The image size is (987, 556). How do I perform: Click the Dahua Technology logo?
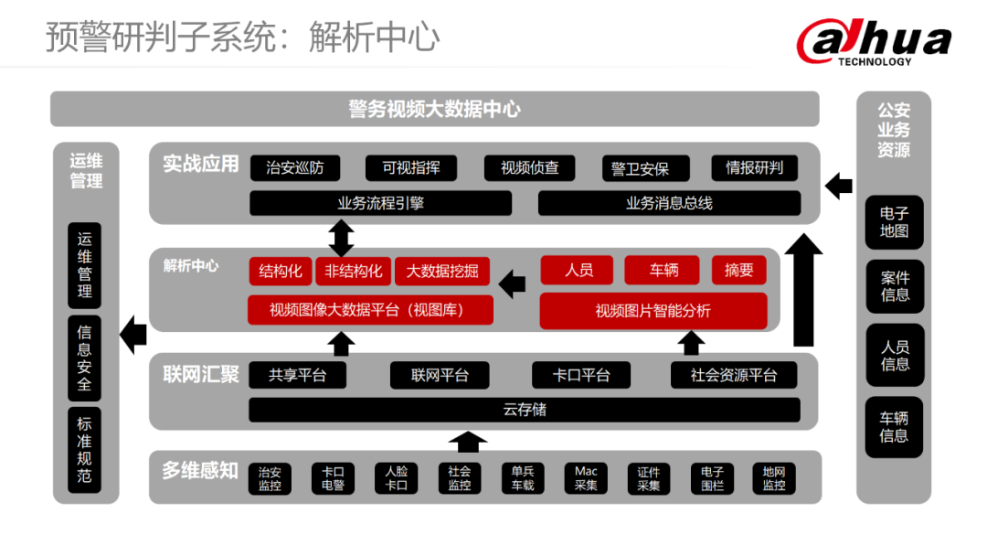(874, 42)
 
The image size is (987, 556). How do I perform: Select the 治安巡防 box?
(294, 168)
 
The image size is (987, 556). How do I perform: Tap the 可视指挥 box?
(411, 168)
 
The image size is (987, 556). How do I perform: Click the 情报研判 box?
(754, 168)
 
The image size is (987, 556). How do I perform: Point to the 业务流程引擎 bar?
(380, 203)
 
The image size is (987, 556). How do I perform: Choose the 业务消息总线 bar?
(669, 203)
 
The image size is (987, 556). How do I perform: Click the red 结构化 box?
(281, 271)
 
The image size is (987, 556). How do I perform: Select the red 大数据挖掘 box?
(442, 271)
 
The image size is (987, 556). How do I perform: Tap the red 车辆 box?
(664, 270)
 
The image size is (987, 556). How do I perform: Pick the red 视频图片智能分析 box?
(653, 311)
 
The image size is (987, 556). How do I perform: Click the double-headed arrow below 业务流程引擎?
(341, 238)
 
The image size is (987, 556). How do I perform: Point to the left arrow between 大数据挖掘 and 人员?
(513, 283)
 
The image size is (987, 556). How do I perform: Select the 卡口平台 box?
(582, 375)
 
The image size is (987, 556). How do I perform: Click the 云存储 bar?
(525, 410)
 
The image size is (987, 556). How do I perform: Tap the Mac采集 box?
(586, 478)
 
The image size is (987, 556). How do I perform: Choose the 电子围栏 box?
(712, 478)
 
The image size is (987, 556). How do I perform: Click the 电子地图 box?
(894, 222)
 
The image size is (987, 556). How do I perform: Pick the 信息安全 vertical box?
(85, 358)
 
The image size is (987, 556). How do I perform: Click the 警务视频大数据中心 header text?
(434, 110)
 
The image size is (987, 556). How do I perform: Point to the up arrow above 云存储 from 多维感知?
(468, 441)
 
